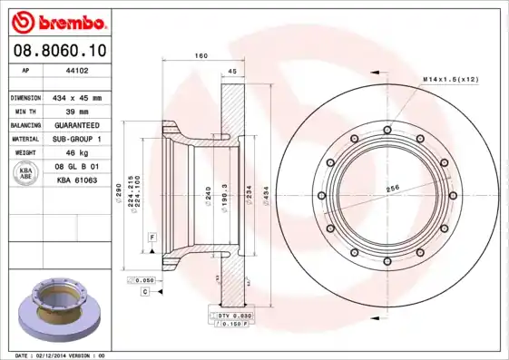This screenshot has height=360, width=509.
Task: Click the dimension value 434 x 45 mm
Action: click(x=77, y=96)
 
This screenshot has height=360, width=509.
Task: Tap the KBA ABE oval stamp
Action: click(x=25, y=173)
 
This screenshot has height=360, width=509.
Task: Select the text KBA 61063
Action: click(x=77, y=180)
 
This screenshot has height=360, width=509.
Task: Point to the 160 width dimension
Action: click(x=201, y=56)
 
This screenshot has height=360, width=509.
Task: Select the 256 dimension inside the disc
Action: click(x=395, y=188)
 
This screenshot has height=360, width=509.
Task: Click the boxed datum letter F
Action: click(x=152, y=236)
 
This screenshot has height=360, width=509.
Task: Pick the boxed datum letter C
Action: click(x=144, y=293)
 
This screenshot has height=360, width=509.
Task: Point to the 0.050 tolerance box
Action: click(x=143, y=281)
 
